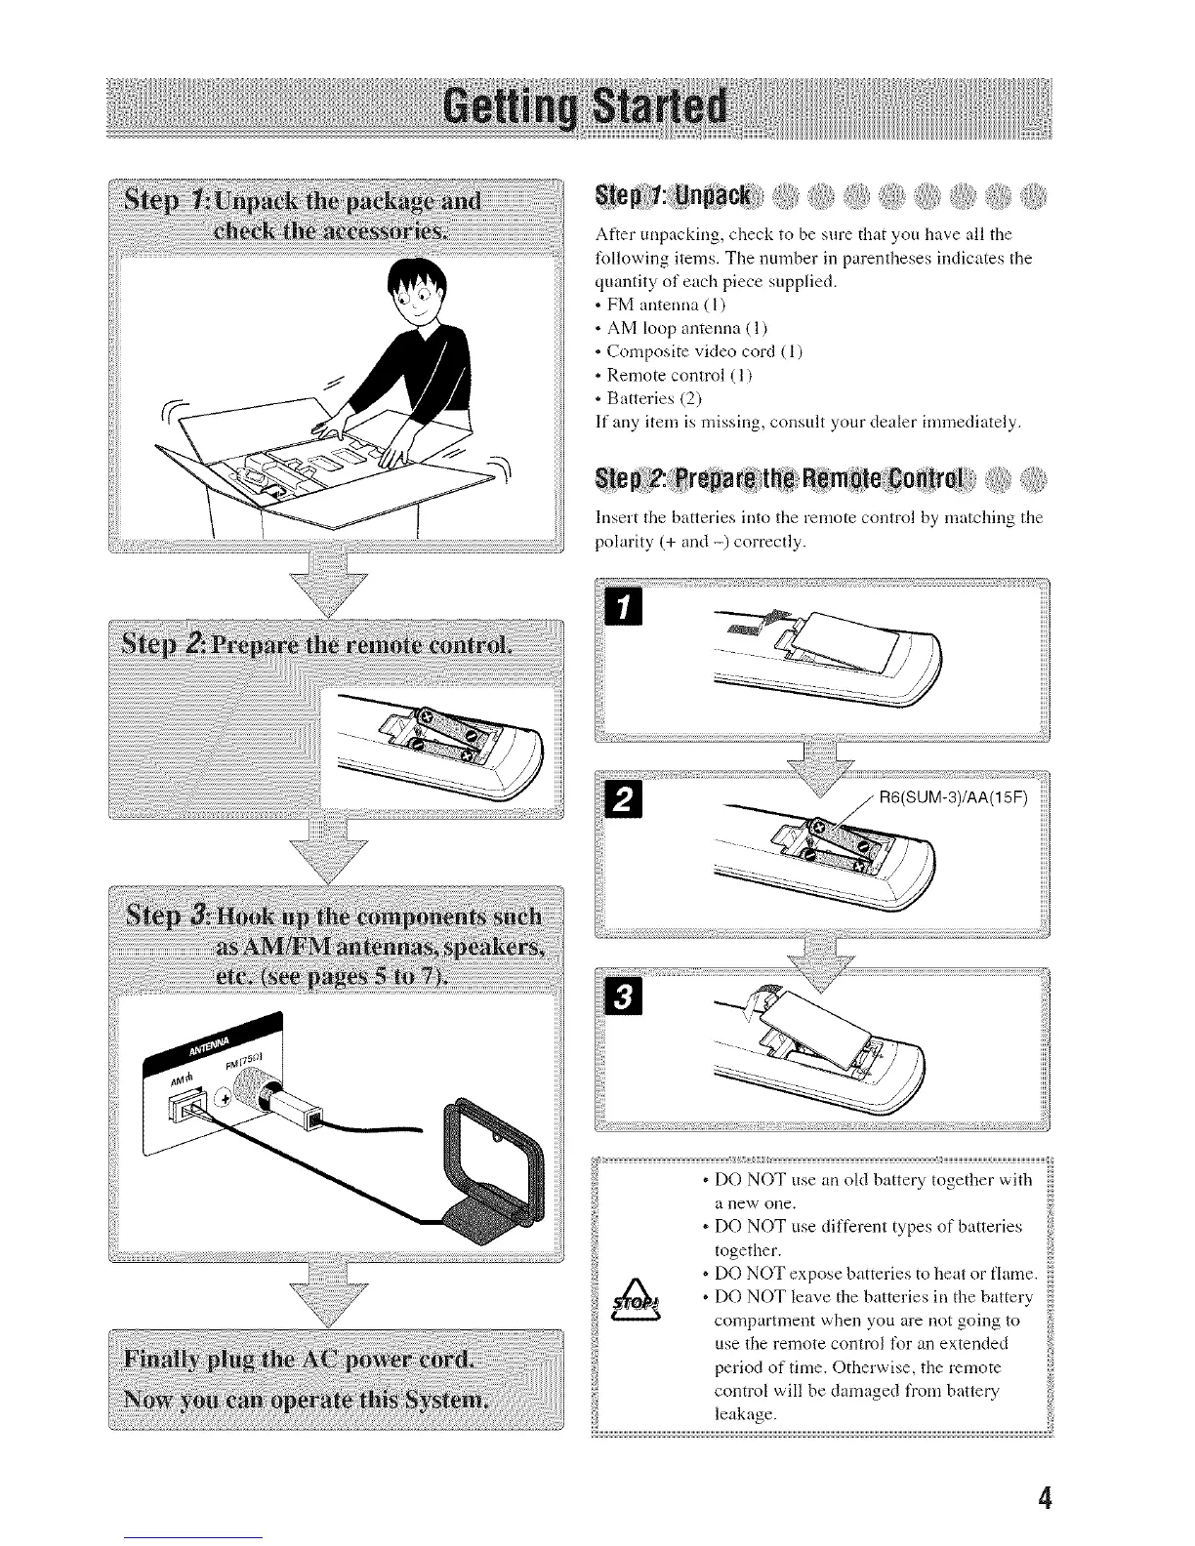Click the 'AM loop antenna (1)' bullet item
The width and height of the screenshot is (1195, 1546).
[680, 328]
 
